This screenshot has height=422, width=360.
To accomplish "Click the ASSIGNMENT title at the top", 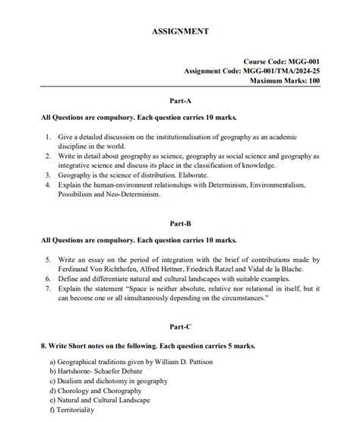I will (x=180, y=32).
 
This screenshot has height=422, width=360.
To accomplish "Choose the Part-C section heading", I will (x=180, y=326).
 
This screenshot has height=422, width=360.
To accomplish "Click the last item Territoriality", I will (x=75, y=410).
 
